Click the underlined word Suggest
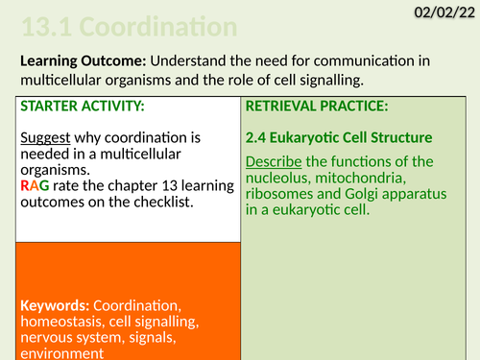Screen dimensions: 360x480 (45, 134)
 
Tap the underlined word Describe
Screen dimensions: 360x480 (276, 160)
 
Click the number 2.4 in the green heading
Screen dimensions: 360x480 (260, 137)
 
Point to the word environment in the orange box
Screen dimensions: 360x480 (61, 351)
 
